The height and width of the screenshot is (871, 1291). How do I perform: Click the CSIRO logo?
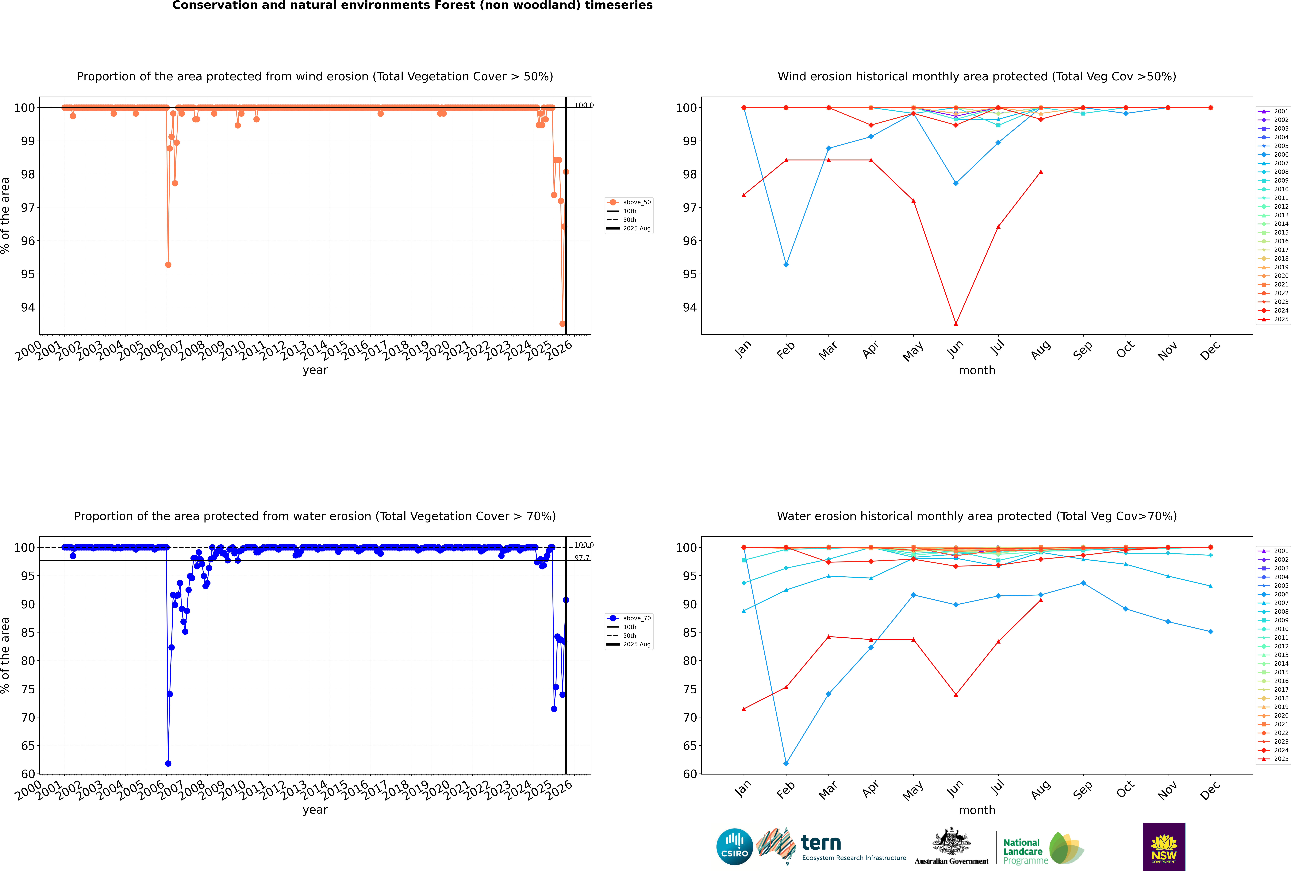tap(734, 847)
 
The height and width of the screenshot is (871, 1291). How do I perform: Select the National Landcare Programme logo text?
tap(1022, 851)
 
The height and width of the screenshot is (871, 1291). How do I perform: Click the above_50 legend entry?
tap(636, 202)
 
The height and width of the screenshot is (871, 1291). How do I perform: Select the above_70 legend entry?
tap(636, 618)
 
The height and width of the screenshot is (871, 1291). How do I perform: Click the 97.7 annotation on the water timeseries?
tap(582, 558)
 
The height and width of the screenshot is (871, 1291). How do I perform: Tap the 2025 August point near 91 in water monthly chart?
tap(1041, 600)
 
